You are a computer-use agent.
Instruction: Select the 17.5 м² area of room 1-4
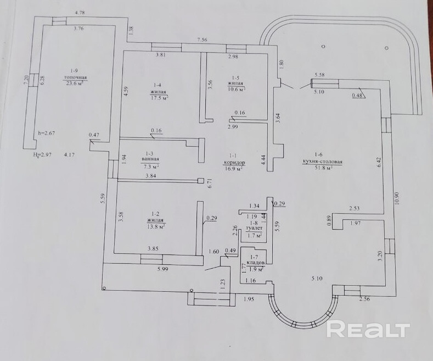click(x=159, y=98)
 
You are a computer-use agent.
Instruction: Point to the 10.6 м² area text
click(x=237, y=90)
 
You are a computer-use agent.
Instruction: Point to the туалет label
click(x=254, y=229)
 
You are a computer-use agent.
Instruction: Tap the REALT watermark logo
click(x=369, y=330)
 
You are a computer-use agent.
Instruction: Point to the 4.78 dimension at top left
click(x=80, y=12)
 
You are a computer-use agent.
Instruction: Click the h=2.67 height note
click(x=46, y=133)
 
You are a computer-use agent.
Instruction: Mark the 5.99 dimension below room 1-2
click(x=162, y=269)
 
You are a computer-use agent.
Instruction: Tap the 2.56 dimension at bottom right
click(x=364, y=299)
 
